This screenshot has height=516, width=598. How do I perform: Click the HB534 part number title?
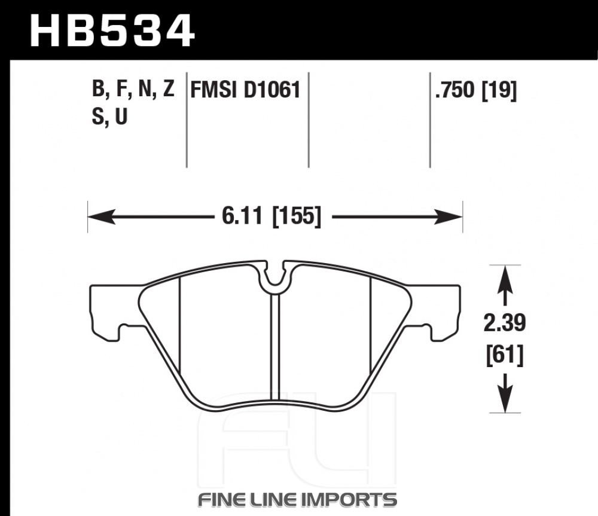click(112, 31)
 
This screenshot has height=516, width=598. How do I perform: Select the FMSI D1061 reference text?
click(245, 90)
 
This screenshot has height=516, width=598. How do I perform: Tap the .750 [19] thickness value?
click(475, 91)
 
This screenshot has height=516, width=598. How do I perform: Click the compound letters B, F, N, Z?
click(133, 89)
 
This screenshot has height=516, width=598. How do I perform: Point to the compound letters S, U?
click(109, 117)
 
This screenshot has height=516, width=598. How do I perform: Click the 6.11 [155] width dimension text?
click(271, 216)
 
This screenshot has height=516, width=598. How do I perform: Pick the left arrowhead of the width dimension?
click(102, 216)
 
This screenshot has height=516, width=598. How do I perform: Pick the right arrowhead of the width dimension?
click(448, 216)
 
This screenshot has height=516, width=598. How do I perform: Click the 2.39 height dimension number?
click(505, 323)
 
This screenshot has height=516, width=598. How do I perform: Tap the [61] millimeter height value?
click(505, 355)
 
